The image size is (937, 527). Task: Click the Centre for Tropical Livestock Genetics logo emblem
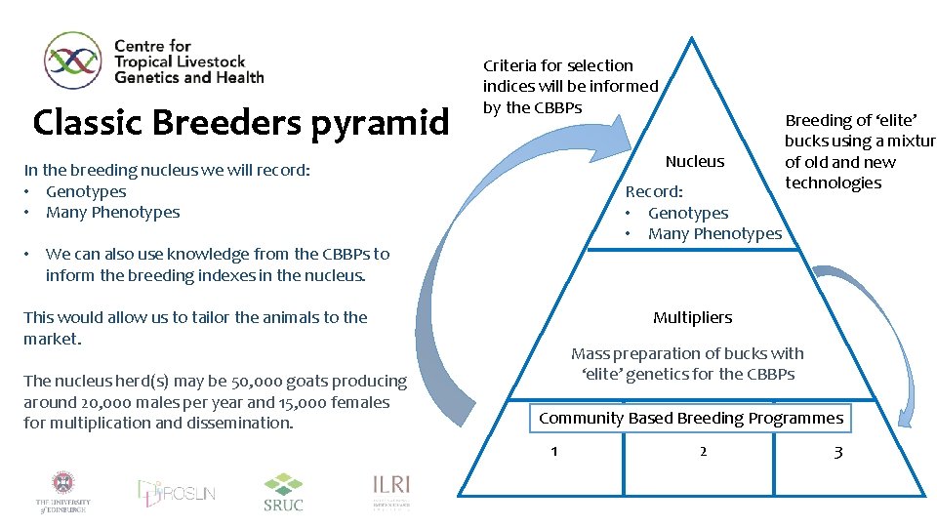pyautogui.click(x=73, y=61)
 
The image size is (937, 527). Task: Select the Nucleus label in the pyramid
pyautogui.click(x=694, y=161)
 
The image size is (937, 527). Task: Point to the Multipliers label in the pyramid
pyautogui.click(x=692, y=317)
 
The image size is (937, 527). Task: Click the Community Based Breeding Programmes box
pyautogui.click(x=691, y=418)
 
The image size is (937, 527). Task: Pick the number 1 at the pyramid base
pyautogui.click(x=554, y=451)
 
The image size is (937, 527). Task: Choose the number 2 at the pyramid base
pyautogui.click(x=703, y=451)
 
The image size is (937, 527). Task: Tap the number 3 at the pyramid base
pyautogui.click(x=837, y=451)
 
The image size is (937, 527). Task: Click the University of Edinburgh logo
pyautogui.click(x=63, y=491)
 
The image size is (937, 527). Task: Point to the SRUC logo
pyautogui.click(x=283, y=492)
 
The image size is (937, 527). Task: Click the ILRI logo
pyautogui.click(x=390, y=491)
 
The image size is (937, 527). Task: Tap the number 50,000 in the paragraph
pyautogui.click(x=235, y=382)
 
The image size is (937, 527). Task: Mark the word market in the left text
pyautogui.click(x=51, y=339)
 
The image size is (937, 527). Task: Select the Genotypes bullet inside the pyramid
pyautogui.click(x=687, y=213)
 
